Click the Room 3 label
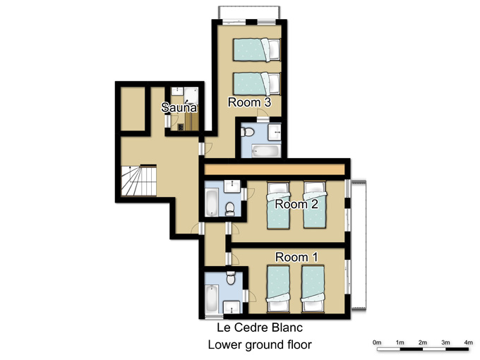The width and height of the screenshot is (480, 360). (249, 102)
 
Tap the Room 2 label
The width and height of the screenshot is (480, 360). (296, 204)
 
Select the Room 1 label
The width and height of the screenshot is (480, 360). (296, 257)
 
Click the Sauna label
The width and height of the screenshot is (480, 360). (179, 107)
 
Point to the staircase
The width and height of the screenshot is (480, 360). (139, 181)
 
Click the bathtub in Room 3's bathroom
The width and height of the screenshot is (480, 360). (266, 150)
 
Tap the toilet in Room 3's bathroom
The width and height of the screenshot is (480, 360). (247, 132)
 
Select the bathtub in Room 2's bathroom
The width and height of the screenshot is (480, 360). (211, 203)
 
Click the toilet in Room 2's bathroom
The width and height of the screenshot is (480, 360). (229, 209)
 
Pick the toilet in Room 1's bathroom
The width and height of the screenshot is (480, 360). (231, 277)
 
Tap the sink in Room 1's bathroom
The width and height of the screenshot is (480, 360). (232, 307)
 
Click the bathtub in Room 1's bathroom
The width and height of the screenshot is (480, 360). (211, 298)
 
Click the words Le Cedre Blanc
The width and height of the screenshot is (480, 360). (260, 328)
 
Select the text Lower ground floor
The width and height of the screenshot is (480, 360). (260, 344)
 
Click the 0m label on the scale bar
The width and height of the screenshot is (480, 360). (377, 342)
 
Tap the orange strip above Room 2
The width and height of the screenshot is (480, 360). (275, 169)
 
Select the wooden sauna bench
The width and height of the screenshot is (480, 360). (191, 122)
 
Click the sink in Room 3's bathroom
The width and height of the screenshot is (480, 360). (275, 132)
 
